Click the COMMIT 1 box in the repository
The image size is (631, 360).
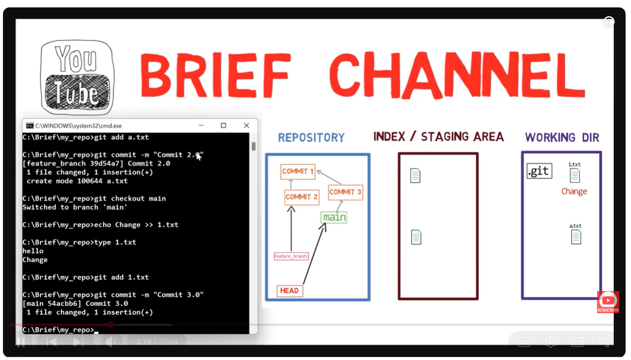tap(298, 171)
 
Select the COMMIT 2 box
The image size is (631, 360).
tap(302, 197)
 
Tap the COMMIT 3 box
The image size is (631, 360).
tap(345, 192)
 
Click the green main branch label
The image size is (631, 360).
tap(334, 217)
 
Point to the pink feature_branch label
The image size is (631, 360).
tap(291, 256)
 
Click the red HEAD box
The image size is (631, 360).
tap(289, 291)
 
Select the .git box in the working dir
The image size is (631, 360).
tap(539, 171)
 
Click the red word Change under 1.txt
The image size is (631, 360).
tap(574, 192)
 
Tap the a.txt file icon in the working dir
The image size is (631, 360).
tap(576, 237)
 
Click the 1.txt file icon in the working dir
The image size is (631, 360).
tap(574, 175)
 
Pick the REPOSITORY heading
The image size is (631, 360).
tap(311, 137)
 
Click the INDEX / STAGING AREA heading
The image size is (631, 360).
tap(438, 137)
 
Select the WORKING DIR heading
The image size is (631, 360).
tap(562, 137)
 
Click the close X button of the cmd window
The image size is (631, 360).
tap(246, 126)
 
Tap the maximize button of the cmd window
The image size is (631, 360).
tap(223, 126)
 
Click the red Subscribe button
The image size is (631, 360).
tap(608, 302)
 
